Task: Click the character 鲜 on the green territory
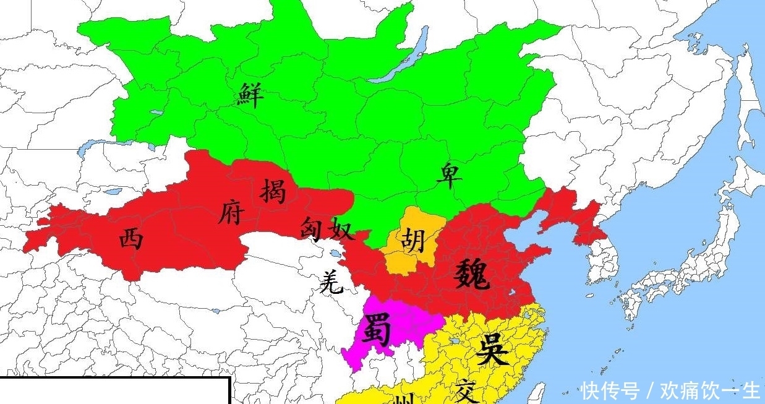click(x=250, y=96)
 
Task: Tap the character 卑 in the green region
click(x=449, y=175)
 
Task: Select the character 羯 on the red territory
click(x=273, y=190)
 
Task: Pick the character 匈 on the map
click(x=314, y=229)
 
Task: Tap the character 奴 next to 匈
click(x=342, y=229)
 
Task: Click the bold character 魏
click(x=473, y=274)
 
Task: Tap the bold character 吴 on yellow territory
click(x=492, y=350)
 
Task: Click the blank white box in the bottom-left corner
click(x=114, y=391)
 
